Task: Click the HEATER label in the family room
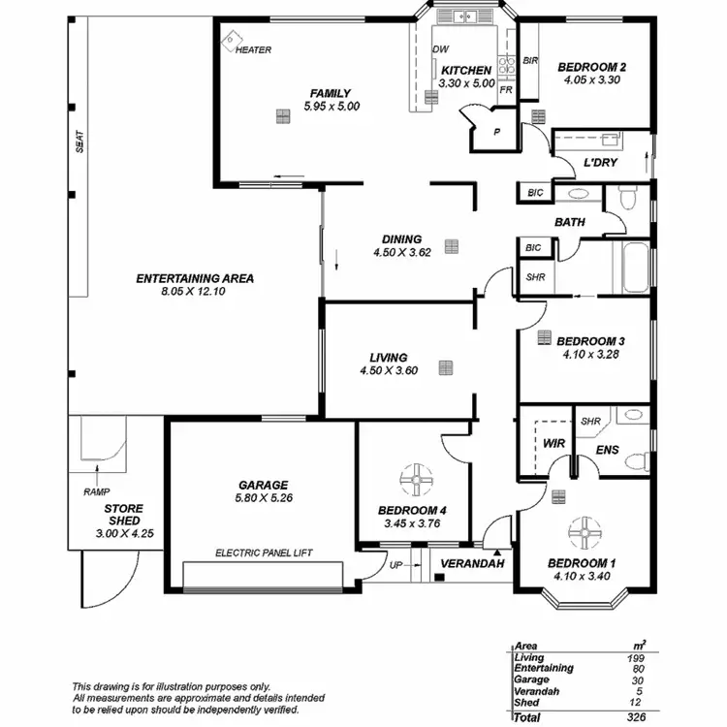click(x=253, y=50)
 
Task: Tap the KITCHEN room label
click(x=466, y=71)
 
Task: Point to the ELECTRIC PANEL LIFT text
click(x=263, y=553)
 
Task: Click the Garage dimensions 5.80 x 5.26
click(x=264, y=499)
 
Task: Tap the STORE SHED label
click(x=123, y=515)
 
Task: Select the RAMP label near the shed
click(x=96, y=491)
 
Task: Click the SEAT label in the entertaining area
click(x=80, y=142)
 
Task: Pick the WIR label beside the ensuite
click(x=553, y=443)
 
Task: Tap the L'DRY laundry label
click(x=600, y=163)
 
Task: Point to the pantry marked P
click(x=496, y=132)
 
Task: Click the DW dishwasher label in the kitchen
click(x=441, y=49)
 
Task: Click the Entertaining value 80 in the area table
click(x=637, y=668)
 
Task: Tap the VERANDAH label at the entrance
click(x=468, y=563)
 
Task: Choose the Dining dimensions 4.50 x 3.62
click(x=401, y=253)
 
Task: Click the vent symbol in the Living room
click(x=445, y=367)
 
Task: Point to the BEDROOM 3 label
click(x=589, y=341)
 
